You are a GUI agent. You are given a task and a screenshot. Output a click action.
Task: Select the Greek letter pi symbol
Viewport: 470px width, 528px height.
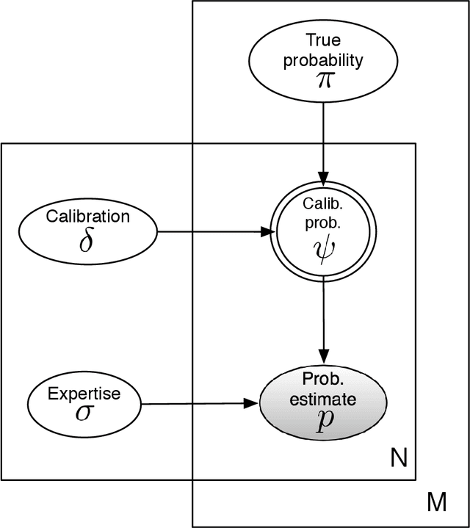323,79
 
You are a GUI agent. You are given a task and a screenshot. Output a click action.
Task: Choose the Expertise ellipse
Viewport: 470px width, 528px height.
84,403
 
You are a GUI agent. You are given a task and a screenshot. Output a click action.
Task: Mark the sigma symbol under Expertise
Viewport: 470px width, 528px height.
84,412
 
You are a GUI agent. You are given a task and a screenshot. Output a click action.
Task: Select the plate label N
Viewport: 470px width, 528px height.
397,460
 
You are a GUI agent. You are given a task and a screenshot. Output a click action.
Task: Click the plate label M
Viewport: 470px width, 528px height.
438,503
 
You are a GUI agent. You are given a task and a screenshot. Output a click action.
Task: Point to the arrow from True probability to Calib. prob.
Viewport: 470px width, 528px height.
323,140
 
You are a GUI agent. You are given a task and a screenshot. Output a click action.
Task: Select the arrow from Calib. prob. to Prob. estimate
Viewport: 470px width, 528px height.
323,316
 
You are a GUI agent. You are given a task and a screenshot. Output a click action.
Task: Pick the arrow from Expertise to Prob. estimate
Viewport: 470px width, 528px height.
198,403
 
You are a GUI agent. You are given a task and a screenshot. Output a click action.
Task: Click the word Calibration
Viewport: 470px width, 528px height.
87,217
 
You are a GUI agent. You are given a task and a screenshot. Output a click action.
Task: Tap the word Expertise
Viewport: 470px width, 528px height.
84,394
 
